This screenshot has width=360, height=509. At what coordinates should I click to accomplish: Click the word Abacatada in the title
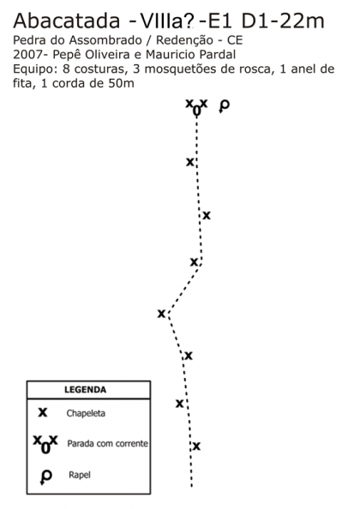click(67, 21)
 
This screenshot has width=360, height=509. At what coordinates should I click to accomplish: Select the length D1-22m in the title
click(283, 21)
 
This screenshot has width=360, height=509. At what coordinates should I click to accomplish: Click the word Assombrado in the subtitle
click(105, 40)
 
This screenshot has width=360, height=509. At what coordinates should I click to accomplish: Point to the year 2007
click(26, 55)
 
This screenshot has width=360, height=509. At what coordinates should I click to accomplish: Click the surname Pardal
click(218, 55)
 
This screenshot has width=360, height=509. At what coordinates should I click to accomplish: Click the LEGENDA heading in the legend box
click(86, 390)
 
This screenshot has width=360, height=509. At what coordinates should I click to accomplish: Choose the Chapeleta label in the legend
click(86, 413)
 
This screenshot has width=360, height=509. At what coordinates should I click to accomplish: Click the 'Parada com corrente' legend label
click(107, 443)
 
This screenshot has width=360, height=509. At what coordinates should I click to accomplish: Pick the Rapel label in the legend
click(80, 475)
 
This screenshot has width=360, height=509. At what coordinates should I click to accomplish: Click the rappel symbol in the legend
click(46, 476)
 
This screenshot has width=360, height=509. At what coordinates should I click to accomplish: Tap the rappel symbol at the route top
click(224, 105)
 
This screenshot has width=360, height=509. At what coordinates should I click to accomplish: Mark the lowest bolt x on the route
click(196, 446)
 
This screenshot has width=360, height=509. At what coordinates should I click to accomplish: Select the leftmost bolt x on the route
click(161, 314)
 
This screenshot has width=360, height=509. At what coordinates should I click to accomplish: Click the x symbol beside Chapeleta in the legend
click(43, 412)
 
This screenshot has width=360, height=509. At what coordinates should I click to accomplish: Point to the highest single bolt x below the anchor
click(190, 162)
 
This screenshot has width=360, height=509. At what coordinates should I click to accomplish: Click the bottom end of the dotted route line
click(191, 486)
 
